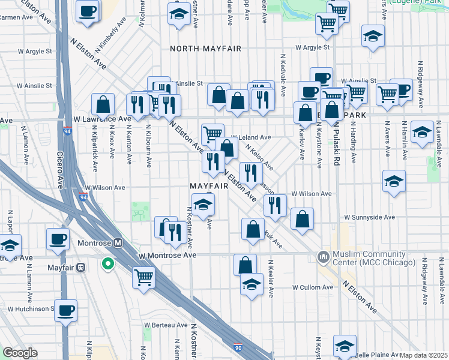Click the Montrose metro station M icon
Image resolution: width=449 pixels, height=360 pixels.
tap(118, 243)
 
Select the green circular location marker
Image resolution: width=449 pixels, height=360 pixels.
tap(108, 263)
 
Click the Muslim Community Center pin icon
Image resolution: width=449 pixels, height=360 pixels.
tap(324, 257)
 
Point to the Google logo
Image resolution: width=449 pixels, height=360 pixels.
tap(20, 353)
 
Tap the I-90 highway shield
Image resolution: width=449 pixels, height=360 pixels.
tap(238, 347)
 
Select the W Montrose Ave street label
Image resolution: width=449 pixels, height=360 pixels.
tap(167, 255)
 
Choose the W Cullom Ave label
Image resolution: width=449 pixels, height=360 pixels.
tap(312, 287)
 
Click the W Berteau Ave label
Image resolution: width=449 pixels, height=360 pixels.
tap(166, 325)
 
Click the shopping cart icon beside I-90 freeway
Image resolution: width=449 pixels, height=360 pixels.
tap(143, 277)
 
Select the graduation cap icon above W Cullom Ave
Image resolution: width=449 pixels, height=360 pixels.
tap(252, 284)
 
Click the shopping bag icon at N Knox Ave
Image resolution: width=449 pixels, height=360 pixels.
tap(104, 104)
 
